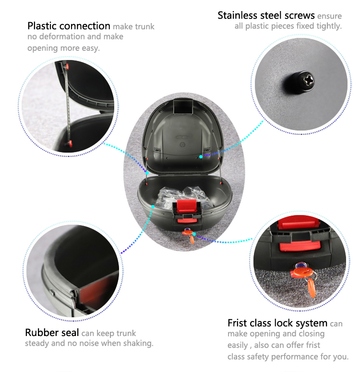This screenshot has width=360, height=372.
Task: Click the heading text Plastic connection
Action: coord(69,26)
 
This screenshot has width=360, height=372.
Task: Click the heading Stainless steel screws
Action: coord(266,16)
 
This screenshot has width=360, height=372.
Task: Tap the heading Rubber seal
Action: coord(52,333)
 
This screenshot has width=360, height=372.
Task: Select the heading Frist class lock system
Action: coord(277,323)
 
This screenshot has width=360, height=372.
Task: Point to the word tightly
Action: coord(329,26)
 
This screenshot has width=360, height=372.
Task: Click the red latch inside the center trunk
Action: coord(187,206)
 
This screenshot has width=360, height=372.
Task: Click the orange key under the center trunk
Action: coord(189,235)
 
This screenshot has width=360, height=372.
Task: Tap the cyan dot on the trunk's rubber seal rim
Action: coord(153,207)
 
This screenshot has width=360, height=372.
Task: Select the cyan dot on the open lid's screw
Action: coord(201,156)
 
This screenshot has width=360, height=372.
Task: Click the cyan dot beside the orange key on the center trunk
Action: coord(194,234)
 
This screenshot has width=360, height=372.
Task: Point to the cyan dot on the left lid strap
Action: coord(147,173)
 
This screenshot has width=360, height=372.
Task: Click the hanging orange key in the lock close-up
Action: coord(311,288)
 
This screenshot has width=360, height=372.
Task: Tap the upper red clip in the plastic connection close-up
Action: coord(68,66)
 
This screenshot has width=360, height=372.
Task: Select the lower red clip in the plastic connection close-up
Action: coord(70,143)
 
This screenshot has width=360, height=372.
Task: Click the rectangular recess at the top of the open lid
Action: coord(183,107)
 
